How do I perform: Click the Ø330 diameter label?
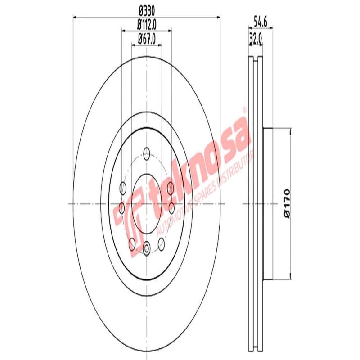(x=146, y=9)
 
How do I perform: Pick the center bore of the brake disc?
(x=147, y=204)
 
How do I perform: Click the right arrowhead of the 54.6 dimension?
(x=271, y=29)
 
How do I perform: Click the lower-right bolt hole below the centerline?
(x=162, y=244)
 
